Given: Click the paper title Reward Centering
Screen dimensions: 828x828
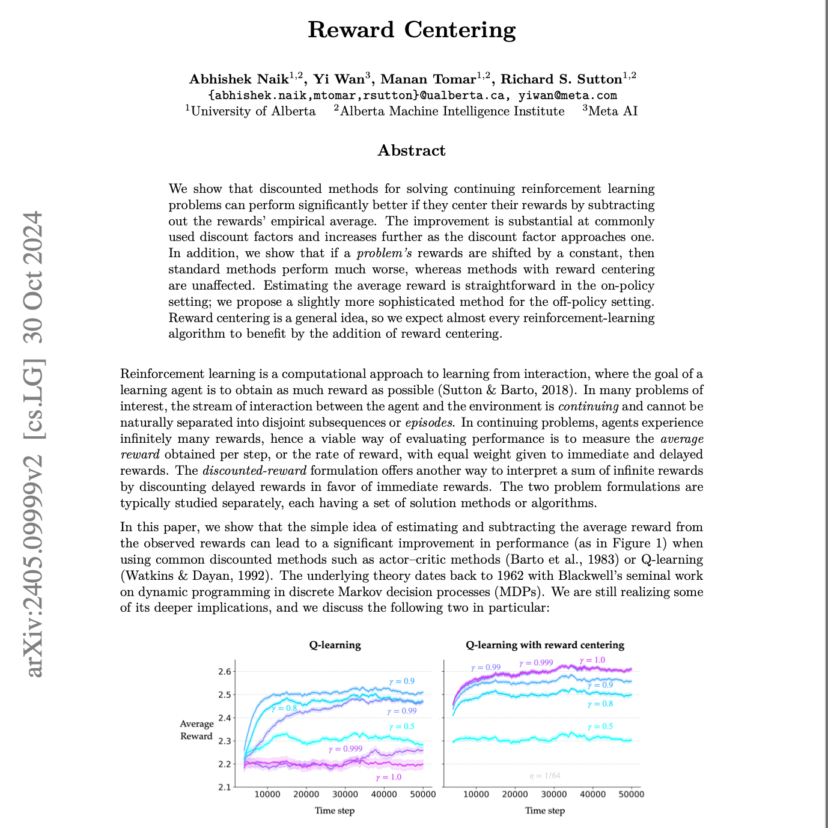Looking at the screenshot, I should [412, 30].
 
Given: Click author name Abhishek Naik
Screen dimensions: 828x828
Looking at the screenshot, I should [239, 79].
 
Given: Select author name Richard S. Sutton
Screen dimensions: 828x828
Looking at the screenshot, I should [561, 79].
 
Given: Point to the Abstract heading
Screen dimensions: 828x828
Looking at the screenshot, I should [412, 150].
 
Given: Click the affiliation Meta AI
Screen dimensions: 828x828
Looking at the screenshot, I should [613, 111].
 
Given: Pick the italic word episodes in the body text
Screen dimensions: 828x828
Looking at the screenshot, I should [429, 422].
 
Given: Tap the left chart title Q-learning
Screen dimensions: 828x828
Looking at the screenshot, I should [335, 645].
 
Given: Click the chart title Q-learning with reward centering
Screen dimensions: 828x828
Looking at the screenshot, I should [545, 645].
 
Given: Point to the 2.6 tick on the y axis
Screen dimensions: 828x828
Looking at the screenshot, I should [224, 672].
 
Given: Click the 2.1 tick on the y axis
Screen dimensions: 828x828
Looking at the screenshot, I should [224, 787].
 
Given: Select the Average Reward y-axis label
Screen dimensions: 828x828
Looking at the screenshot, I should [196, 730].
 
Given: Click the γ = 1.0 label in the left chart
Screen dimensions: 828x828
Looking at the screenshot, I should [388, 777].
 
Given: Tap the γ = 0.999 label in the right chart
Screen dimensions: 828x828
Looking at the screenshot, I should [536, 663].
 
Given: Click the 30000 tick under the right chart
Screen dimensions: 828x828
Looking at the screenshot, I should [554, 794].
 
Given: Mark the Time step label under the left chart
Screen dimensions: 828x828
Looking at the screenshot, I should [335, 811].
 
